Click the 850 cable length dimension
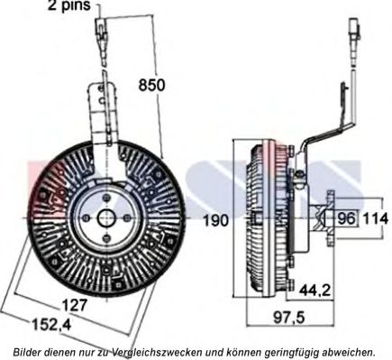coord(151,85)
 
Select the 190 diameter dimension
coord(216,220)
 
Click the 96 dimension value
coord(347,218)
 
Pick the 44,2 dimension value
coord(315,290)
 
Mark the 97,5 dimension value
coord(289,318)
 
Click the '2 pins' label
coord(69,5)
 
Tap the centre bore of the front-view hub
coord(106,217)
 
